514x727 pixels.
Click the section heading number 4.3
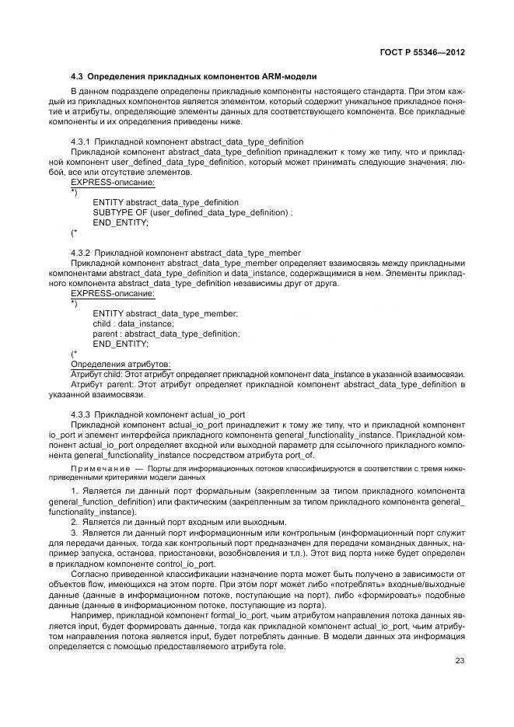coord(77,76)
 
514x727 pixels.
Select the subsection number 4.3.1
coord(81,142)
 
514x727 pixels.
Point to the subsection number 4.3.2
coord(81,253)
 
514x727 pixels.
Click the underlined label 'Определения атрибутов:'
coord(121,364)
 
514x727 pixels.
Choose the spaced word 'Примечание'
coord(99,470)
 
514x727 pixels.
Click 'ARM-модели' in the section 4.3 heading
coord(289,76)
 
